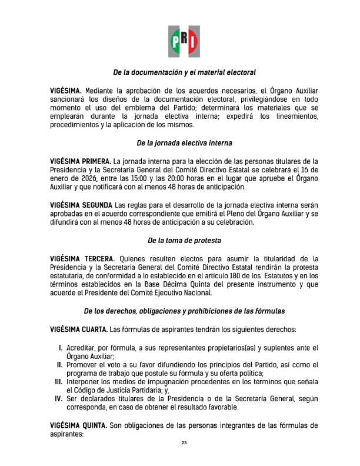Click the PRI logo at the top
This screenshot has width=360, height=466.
click(184, 41)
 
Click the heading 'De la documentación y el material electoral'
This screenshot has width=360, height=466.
click(184, 74)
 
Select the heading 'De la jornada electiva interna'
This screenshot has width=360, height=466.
click(184, 143)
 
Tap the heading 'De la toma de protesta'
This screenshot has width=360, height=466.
click(184, 241)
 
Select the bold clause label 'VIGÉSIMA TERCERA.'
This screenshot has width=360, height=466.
click(83, 258)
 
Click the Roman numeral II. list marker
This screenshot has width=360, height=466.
click(60, 365)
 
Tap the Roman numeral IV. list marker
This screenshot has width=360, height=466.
click(59, 400)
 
